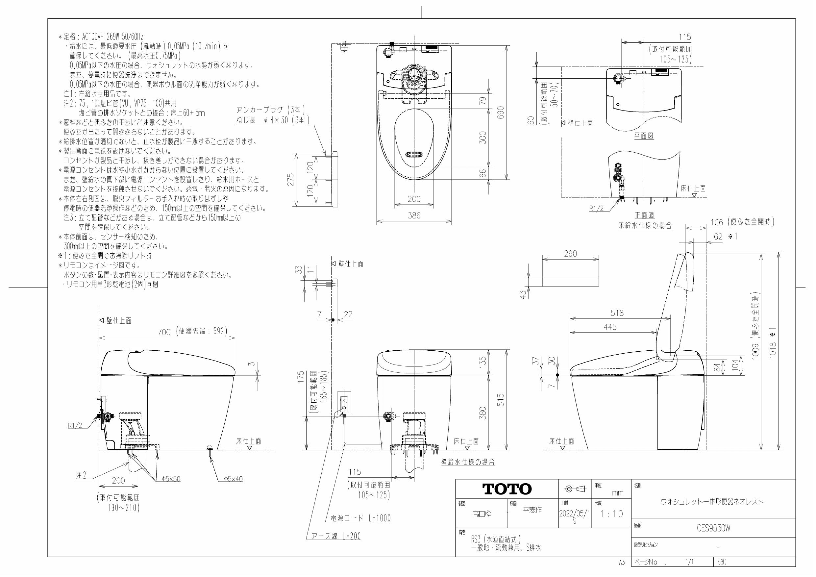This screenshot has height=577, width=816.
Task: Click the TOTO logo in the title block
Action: click(x=507, y=489)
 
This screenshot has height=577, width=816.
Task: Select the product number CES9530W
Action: click(x=713, y=528)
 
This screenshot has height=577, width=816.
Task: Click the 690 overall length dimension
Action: click(x=501, y=113)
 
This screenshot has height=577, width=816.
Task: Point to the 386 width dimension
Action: click(x=414, y=215)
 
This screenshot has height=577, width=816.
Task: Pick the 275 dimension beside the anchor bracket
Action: click(x=291, y=180)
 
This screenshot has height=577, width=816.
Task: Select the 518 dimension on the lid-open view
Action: click(x=617, y=313)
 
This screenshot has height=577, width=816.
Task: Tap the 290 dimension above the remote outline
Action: click(x=570, y=254)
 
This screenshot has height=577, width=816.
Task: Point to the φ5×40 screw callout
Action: click(x=233, y=479)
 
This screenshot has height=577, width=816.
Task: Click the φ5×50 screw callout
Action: click(x=171, y=479)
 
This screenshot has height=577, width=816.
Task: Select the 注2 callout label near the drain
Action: click(x=81, y=475)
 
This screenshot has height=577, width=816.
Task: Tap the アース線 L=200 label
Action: click(x=336, y=536)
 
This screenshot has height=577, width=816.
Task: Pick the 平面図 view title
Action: click(x=644, y=136)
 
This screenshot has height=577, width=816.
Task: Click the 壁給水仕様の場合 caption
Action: click(x=468, y=462)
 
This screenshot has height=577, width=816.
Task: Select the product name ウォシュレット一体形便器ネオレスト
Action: click(x=712, y=502)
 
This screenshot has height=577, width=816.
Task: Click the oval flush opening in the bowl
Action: click(x=414, y=155)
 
